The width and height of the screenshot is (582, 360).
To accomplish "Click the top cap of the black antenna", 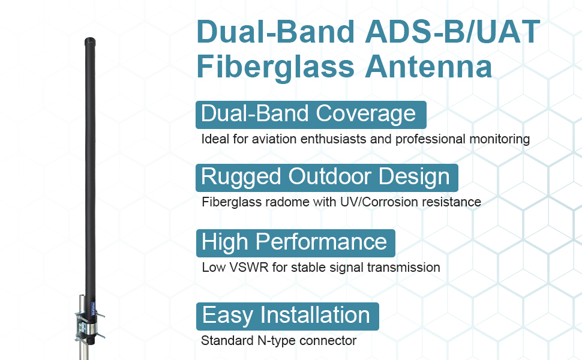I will (x=90, y=43).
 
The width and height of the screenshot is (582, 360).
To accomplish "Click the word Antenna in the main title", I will (x=428, y=67).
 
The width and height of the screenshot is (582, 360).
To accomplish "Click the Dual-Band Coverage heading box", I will (x=310, y=114).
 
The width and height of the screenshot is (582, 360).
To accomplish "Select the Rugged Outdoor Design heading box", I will (x=326, y=178).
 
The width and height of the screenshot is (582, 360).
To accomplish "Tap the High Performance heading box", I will (x=295, y=242).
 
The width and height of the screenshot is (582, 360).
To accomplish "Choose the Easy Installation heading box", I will (x=287, y=316).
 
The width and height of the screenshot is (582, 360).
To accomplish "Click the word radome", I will (x=288, y=202).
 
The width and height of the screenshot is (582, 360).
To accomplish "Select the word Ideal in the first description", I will (x=215, y=139).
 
